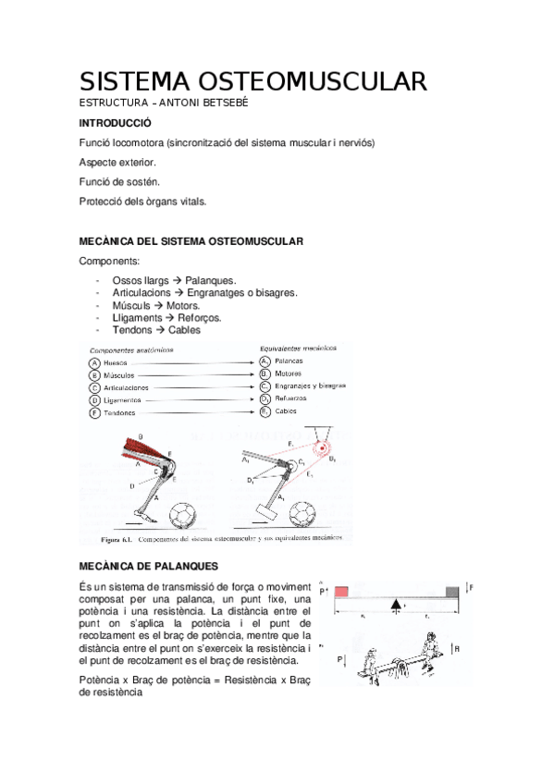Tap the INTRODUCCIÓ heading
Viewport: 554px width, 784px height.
(x=116, y=122)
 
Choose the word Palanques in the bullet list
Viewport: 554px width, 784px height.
(x=211, y=279)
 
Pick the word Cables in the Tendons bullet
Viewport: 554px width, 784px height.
(x=184, y=329)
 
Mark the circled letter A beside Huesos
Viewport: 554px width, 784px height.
(x=94, y=363)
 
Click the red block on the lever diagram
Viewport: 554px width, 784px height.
(x=341, y=591)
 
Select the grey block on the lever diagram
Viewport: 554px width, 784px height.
(x=452, y=591)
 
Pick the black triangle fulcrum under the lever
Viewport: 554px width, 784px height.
(x=397, y=605)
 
